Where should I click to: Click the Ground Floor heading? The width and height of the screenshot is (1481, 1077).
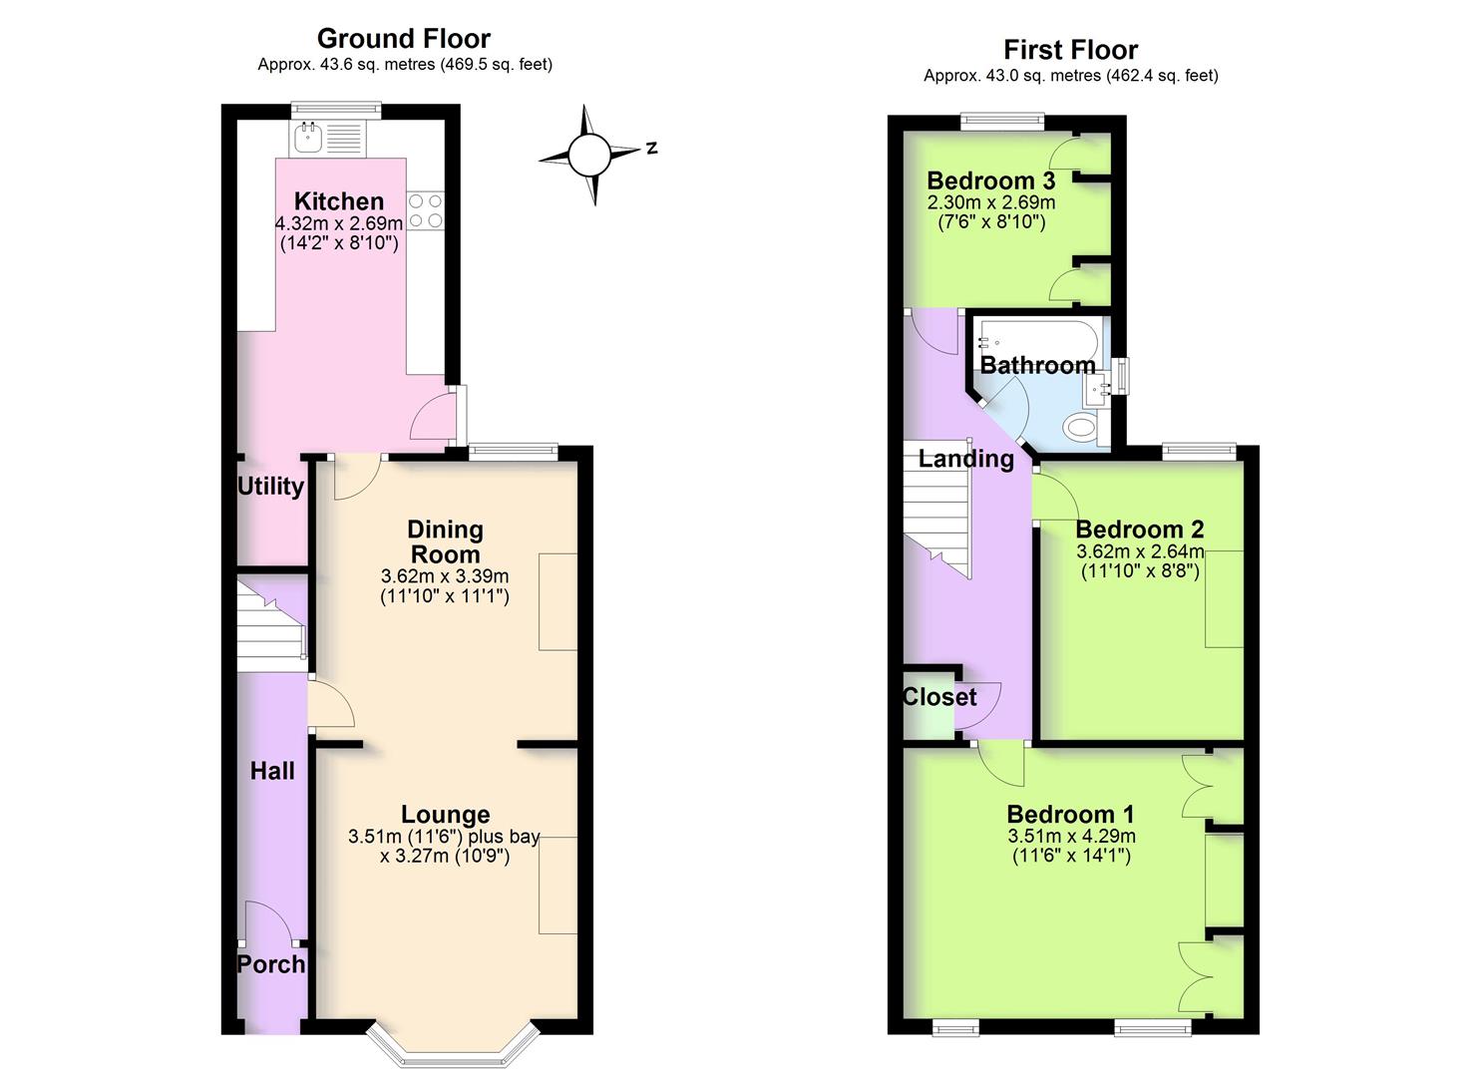tap(403, 39)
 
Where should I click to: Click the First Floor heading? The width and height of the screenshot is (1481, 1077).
tap(1070, 50)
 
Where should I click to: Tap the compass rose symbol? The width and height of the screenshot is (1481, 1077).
tap(588, 155)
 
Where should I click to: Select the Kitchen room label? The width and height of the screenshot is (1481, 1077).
tap(338, 201)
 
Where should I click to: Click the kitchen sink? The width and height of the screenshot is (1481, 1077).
tap(308, 137)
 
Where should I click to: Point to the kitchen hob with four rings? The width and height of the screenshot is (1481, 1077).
tap(425, 211)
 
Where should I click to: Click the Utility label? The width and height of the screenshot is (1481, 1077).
tap(269, 487)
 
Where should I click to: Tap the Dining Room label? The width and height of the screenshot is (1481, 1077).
tap(445, 541)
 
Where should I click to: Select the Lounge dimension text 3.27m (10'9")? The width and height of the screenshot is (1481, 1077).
tap(445, 856)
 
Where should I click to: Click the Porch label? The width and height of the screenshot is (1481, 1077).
tap(270, 964)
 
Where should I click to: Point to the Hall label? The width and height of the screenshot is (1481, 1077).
tap(272, 771)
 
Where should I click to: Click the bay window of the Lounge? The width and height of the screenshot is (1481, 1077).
tap(454, 1047)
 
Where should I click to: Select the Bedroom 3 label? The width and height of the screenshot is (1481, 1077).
tap(990, 180)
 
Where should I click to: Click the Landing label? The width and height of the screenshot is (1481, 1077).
tap(965, 459)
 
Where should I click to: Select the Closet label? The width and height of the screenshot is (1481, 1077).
tap(938, 697)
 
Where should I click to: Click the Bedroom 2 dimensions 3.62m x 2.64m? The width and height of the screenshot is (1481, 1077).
tap(1140, 551)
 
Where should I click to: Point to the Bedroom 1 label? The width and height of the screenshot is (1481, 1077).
tap(1070, 814)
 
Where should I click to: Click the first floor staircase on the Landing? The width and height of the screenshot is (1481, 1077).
tap(937, 509)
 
